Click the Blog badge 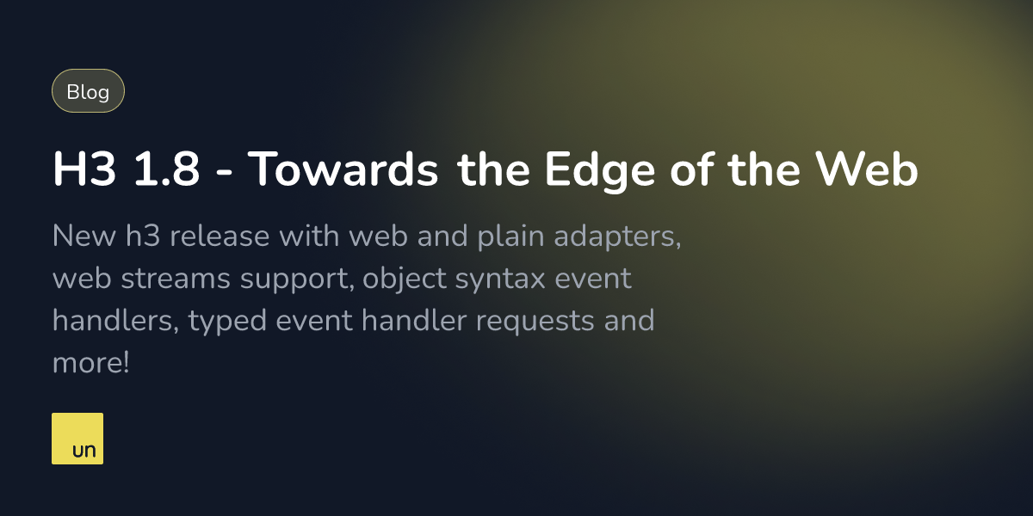(88, 91)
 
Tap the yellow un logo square (77, 439)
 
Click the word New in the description (78, 236)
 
